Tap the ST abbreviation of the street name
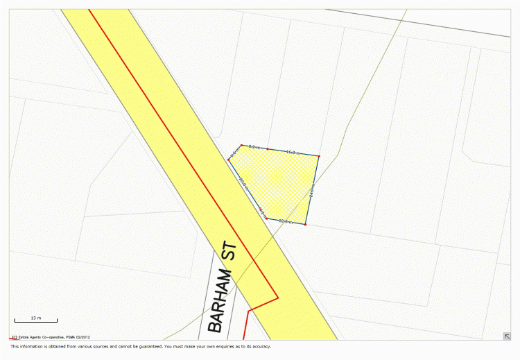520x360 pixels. tap(230, 252)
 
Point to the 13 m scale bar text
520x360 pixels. tap(36, 318)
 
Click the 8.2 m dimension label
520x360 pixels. tap(254, 147)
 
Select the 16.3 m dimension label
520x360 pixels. tap(292, 152)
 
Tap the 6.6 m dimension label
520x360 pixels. tap(234, 152)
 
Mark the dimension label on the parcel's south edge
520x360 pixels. tap(285, 221)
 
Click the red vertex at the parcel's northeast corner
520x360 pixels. tap(319, 156)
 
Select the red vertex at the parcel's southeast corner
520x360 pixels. tap(306, 225)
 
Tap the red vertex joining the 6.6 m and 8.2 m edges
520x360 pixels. tap(241, 145)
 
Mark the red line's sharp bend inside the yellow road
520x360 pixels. tap(278, 298)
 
